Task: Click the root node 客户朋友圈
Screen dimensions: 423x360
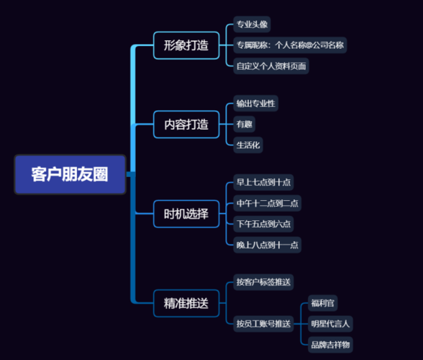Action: (x=70, y=174)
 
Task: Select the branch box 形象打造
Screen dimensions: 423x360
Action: (x=186, y=45)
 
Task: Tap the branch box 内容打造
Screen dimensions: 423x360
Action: (x=186, y=125)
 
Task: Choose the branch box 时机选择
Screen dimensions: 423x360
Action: (x=186, y=214)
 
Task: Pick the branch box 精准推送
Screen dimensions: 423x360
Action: (x=186, y=303)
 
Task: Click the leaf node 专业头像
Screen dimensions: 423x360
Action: (x=252, y=24)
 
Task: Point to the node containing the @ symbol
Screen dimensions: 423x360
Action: (x=290, y=45)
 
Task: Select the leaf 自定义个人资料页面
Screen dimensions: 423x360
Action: (x=271, y=66)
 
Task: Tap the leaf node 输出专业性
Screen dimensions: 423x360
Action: (x=256, y=103)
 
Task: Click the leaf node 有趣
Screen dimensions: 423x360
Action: (x=244, y=125)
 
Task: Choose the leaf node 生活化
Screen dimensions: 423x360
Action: (x=248, y=145)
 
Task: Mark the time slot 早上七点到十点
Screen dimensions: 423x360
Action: (x=263, y=182)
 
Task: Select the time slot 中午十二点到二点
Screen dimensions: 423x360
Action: (x=267, y=203)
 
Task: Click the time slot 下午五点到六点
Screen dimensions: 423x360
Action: (x=263, y=224)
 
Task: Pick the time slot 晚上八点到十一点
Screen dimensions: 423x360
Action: (x=267, y=245)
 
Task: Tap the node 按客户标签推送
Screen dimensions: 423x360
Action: (x=263, y=282)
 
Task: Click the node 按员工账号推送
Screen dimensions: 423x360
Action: (x=263, y=324)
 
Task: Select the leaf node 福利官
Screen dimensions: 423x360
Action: (x=322, y=303)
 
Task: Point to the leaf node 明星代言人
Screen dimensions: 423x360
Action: (x=330, y=324)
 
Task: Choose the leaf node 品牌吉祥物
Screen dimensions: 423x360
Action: (x=330, y=345)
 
